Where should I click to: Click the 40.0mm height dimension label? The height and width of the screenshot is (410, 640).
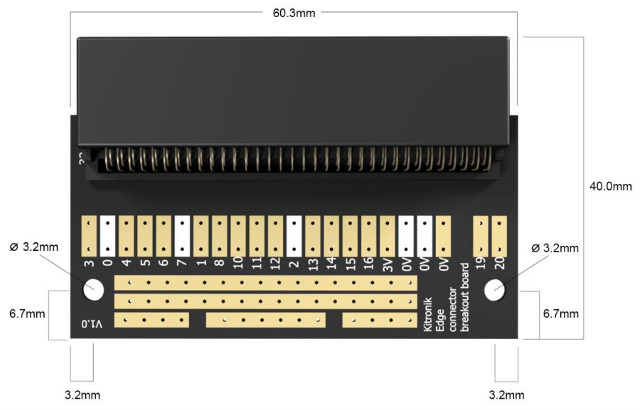click(610, 186)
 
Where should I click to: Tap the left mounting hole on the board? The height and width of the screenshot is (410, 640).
click(94, 290)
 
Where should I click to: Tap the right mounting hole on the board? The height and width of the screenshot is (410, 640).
click(494, 290)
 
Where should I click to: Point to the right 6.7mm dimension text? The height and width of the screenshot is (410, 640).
click(562, 313)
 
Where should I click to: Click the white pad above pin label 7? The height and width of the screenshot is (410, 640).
click(182, 235)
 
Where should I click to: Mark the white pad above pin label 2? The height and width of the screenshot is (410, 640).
click(294, 235)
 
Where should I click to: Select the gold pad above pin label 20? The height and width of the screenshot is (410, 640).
click(500, 235)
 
